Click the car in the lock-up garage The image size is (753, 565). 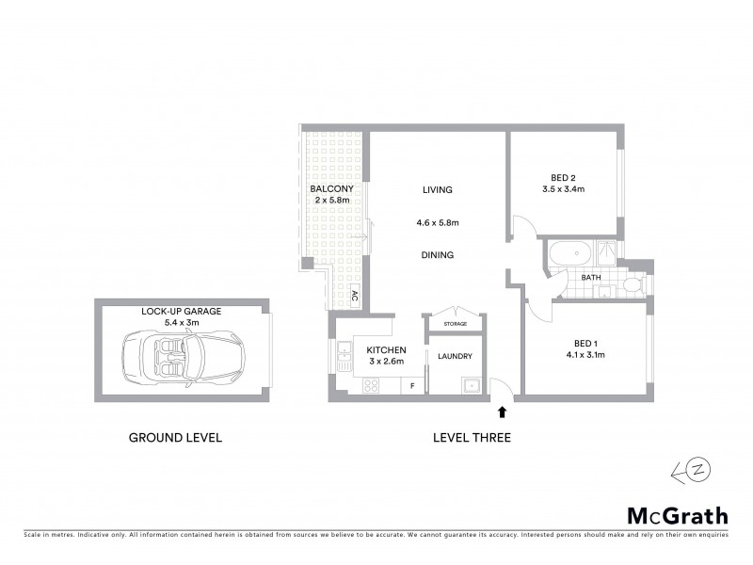click(x=169, y=359)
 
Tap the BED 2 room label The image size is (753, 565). click(x=563, y=177)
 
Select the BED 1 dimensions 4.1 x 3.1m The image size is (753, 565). click(x=585, y=355)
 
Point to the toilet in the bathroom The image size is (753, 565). click(x=632, y=284)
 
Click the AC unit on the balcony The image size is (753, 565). click(x=354, y=296)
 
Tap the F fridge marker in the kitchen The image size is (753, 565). click(x=412, y=385)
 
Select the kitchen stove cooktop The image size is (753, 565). click(x=370, y=385)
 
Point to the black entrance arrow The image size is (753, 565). click(x=502, y=411)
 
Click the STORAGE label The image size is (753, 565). click(x=455, y=324)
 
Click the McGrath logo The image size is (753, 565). click(x=677, y=515)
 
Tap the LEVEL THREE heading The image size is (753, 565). click(x=472, y=438)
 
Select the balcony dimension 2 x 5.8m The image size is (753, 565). click(x=331, y=201)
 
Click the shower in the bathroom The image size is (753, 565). click(x=607, y=252)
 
